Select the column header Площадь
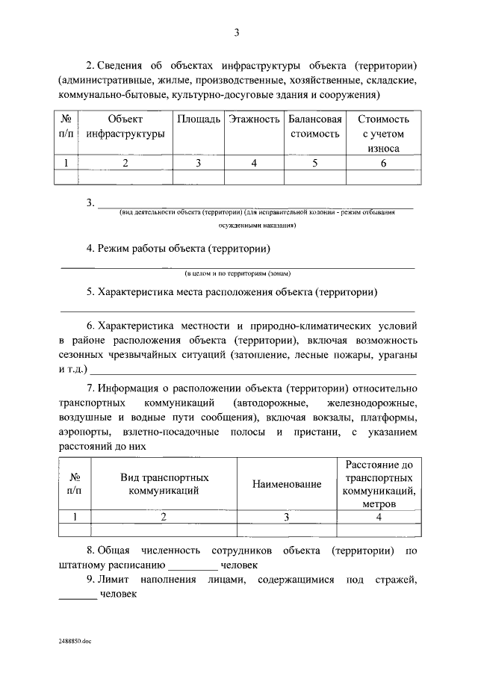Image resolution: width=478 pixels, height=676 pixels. click(x=199, y=120)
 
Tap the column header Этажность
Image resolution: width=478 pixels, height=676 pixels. click(x=254, y=120)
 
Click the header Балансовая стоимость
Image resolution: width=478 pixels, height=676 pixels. click(x=314, y=126)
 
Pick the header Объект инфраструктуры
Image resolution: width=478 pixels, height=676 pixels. click(x=125, y=126)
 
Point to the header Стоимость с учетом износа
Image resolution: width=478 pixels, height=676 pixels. click(x=383, y=134)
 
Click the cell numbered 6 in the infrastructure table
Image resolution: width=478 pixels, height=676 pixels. click(x=383, y=163)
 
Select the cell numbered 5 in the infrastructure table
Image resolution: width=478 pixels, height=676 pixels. click(x=314, y=163)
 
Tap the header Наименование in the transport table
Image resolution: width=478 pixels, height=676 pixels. click(x=287, y=484)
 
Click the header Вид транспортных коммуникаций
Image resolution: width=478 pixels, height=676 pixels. click(x=164, y=484)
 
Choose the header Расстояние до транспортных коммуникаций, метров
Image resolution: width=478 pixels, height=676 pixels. click(x=379, y=484)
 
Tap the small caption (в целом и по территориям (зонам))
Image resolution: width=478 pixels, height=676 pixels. click(x=237, y=273)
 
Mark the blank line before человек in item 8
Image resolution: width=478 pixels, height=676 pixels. click(x=191, y=566)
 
